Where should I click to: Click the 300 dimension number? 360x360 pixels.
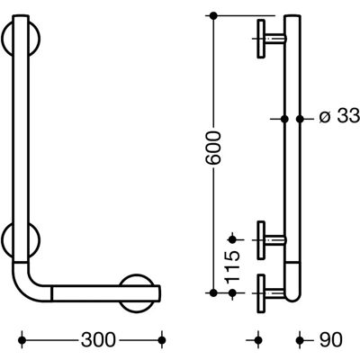(98, 340)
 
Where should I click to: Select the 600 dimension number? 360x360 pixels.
(213, 148)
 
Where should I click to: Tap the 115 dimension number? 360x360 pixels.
(232, 266)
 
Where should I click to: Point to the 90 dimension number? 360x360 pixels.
(330, 340)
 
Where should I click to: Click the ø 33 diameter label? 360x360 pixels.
(339, 116)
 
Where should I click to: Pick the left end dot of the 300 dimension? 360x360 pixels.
(22, 340)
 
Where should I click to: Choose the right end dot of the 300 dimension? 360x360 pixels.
(162, 340)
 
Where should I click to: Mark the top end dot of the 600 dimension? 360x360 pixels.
(213, 15)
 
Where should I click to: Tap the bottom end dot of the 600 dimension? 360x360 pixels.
(213, 292)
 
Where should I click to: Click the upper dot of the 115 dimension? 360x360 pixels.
(232, 239)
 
